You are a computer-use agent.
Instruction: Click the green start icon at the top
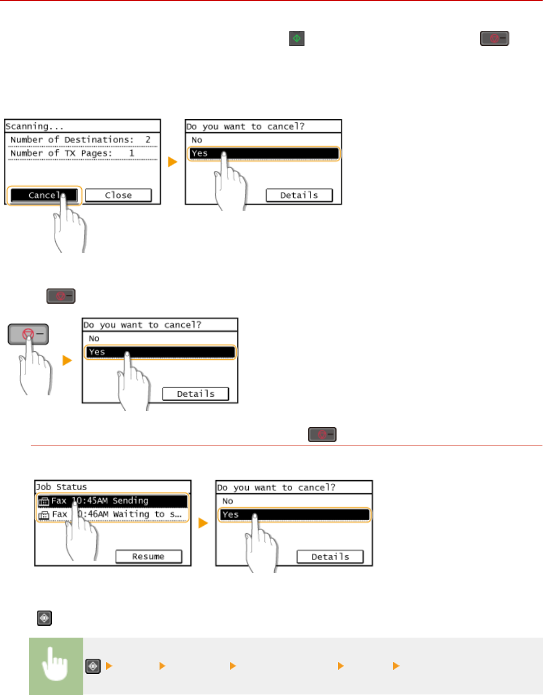tap(296, 38)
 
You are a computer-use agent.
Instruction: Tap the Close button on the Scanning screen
tap(118, 195)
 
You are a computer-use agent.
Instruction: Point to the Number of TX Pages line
tap(72, 153)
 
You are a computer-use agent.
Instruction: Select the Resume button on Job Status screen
tap(148, 556)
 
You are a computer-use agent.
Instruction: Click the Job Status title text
tap(62, 487)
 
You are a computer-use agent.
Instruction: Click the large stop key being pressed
tap(28, 335)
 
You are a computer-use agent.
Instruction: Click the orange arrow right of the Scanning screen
tap(173, 162)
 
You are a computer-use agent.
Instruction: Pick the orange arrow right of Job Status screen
tap(203, 523)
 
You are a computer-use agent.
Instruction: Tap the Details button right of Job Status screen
tap(330, 556)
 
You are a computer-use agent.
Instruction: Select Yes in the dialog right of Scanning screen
tap(263, 153)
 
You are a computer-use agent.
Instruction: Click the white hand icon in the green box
tap(56, 666)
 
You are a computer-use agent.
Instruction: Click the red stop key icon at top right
tap(494, 38)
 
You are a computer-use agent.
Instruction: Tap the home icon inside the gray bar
tap(93, 666)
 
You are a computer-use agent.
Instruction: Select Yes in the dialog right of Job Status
tap(294, 514)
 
